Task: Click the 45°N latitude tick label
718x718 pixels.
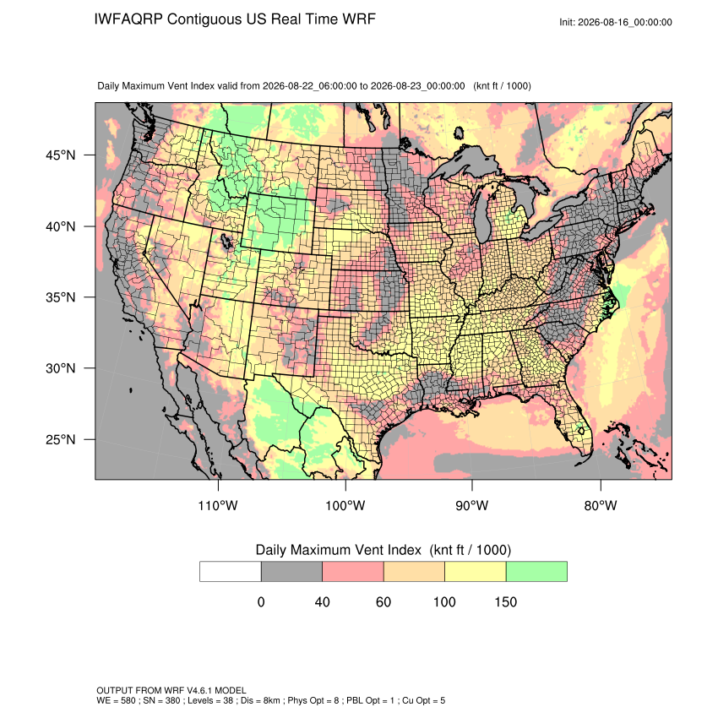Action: (x=61, y=155)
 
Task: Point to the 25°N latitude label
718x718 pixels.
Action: (x=61, y=439)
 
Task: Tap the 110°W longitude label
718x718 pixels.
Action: (x=218, y=505)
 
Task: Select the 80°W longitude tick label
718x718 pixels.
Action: (x=601, y=505)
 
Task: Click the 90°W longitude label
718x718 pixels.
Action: (x=471, y=505)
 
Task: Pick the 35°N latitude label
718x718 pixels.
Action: (x=61, y=297)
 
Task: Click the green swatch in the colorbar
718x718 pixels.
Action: (x=536, y=572)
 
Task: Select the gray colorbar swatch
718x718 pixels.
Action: (x=291, y=572)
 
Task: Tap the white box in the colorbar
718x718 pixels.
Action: (x=231, y=572)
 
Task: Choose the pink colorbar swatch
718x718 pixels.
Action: (x=353, y=572)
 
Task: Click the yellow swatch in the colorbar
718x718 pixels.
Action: (x=476, y=572)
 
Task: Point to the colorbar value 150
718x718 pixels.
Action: (x=505, y=601)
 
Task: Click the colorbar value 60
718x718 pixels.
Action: (x=383, y=601)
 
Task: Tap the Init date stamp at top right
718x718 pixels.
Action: (x=616, y=22)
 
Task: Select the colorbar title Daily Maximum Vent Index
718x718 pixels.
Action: (x=338, y=550)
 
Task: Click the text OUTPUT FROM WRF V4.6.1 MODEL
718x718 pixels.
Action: (x=171, y=690)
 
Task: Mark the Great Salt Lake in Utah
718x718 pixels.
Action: (x=226, y=241)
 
